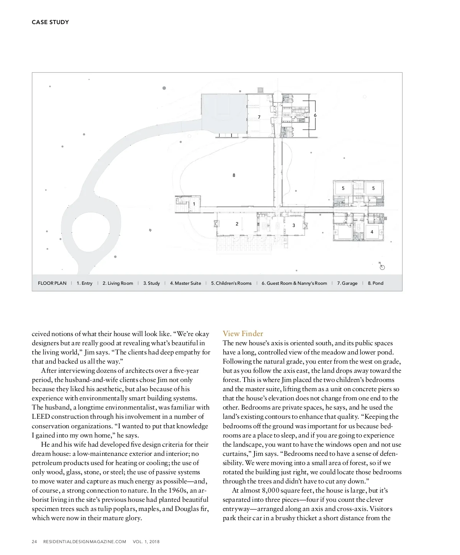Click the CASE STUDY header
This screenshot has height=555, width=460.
pos(50,22)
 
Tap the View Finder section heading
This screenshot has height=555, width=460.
pos(243,333)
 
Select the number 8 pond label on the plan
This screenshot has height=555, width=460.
pos(234,175)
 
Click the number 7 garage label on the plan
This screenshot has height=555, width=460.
pos(259,117)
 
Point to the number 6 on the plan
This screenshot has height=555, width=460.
pos(315,115)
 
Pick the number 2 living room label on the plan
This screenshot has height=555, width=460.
pos(237,224)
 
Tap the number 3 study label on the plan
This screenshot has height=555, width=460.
pos(294,225)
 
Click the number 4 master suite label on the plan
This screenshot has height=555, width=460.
pos(371,232)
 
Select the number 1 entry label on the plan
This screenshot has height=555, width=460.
pos(194,204)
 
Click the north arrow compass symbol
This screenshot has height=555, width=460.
pos(382,267)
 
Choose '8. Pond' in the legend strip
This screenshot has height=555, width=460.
pos(375,283)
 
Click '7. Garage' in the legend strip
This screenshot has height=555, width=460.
pos(347,283)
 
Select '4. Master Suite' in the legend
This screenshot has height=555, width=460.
pos(185,283)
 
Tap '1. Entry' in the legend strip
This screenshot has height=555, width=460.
pos(84,283)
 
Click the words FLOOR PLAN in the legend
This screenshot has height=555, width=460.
pos(52,283)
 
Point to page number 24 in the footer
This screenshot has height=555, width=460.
pos(34,542)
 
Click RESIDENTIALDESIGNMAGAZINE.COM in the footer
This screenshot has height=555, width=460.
pos(85,542)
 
